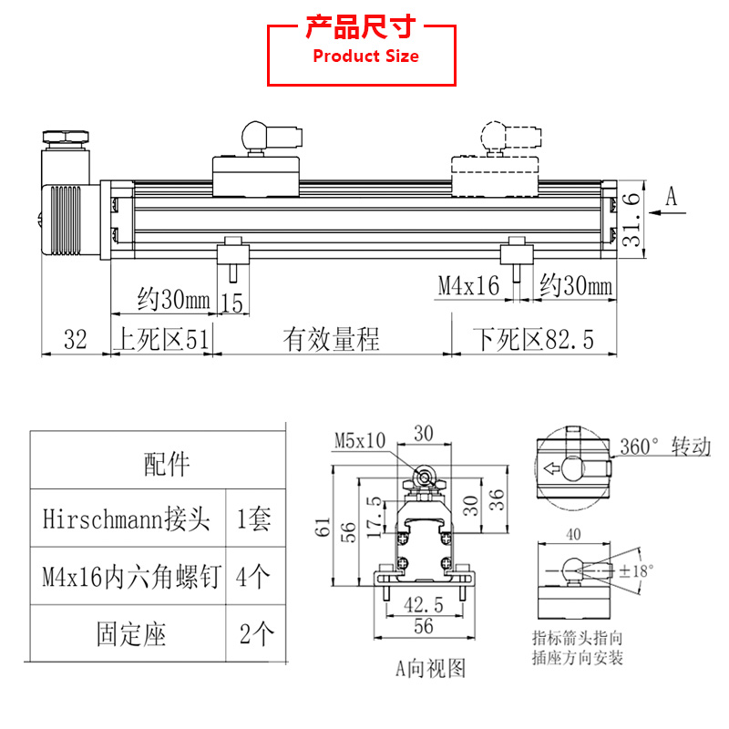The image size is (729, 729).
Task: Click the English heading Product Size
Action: pyautogui.click(x=365, y=56)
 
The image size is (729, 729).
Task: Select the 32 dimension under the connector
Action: pyautogui.click(x=75, y=340)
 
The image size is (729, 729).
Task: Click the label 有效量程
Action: pyautogui.click(x=331, y=340)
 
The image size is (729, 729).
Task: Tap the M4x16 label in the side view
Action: pyautogui.click(x=468, y=286)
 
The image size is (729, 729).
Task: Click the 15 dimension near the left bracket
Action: pyautogui.click(x=232, y=302)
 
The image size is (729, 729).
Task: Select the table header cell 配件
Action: pyautogui.click(x=167, y=465)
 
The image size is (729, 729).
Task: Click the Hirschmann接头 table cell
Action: pyautogui.click(x=127, y=519)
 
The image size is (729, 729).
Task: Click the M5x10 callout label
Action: pyautogui.click(x=359, y=441)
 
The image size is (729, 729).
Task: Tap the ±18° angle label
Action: pyautogui.click(x=638, y=571)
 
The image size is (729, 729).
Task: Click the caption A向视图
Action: pyautogui.click(x=430, y=668)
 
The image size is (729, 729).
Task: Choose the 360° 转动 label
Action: pyautogui.click(x=663, y=447)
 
